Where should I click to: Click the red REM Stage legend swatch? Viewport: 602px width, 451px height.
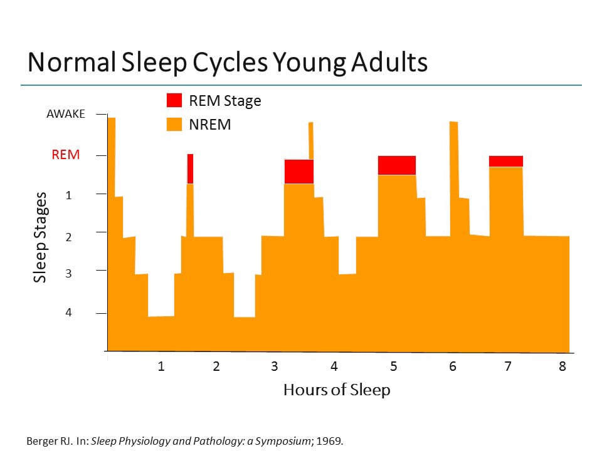click(174, 100)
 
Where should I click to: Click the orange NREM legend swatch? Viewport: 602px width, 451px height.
click(174, 124)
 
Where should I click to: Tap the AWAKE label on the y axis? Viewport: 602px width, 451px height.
click(65, 115)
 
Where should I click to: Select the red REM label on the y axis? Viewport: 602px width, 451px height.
click(66, 155)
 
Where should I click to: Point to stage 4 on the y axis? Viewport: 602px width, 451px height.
click(69, 313)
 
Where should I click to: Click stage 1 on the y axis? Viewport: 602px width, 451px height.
click(69, 195)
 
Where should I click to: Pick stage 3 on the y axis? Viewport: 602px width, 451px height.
click(69, 274)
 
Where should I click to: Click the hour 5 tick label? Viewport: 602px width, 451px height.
click(393, 366)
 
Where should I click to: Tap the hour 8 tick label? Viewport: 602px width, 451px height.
click(562, 366)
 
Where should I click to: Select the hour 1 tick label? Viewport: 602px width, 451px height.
click(161, 366)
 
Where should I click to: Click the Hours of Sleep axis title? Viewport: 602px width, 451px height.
click(337, 390)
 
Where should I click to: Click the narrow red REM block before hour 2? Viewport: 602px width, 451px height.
click(190, 168)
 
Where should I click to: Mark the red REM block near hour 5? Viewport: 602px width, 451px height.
click(397, 165)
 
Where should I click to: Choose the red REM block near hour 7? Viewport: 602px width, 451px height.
click(506, 161)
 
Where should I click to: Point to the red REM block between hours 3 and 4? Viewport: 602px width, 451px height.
click(298, 172)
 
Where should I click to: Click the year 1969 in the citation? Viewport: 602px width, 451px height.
click(331, 440)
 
